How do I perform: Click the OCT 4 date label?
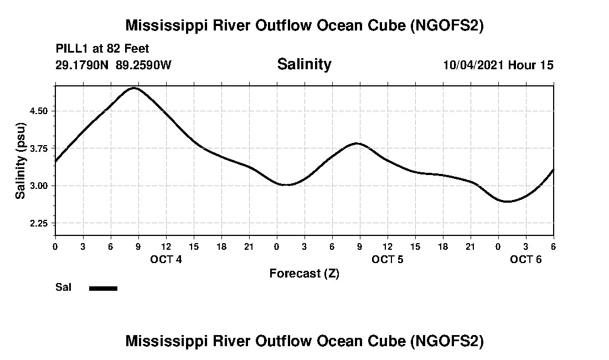(x=166, y=260)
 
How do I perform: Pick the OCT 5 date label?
(x=388, y=260)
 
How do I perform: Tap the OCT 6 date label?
(x=526, y=260)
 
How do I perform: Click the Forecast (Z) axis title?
(x=304, y=274)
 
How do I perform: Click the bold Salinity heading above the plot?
(x=304, y=64)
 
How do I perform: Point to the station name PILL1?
(x=72, y=49)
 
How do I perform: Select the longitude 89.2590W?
(x=144, y=65)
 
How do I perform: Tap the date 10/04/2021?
(x=473, y=65)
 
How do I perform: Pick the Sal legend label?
(x=64, y=287)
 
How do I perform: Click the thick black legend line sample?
(x=103, y=288)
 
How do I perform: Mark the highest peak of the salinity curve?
(x=134, y=88)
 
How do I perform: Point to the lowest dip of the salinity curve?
(x=507, y=202)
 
